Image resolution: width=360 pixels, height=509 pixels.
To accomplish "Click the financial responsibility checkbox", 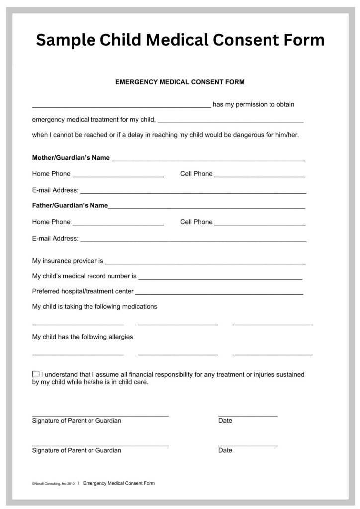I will point(36,374).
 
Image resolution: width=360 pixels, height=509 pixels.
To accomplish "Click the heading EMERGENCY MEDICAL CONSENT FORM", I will point(180,81).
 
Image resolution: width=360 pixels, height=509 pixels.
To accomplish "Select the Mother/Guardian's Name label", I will point(71,158).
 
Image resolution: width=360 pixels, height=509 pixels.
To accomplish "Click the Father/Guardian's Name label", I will point(70,205).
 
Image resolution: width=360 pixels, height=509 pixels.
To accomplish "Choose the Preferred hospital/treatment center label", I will point(83,291).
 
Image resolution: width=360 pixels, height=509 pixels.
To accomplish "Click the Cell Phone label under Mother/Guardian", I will point(196,174).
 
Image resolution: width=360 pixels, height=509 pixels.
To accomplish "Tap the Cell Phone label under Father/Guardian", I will point(196,222).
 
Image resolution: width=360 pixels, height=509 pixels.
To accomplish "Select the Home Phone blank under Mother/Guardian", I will point(118,176).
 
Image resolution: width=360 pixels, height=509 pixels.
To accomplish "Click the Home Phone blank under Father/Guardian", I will point(118,224).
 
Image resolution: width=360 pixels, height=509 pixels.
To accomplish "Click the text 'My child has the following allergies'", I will point(83,337).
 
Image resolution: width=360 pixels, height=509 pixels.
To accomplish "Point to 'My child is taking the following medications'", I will point(94,307).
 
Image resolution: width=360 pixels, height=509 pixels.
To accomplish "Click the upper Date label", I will point(225,421).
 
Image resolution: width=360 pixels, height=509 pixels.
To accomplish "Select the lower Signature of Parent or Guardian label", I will point(77,451).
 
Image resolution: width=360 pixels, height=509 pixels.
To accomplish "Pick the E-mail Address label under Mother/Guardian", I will point(55,190).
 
